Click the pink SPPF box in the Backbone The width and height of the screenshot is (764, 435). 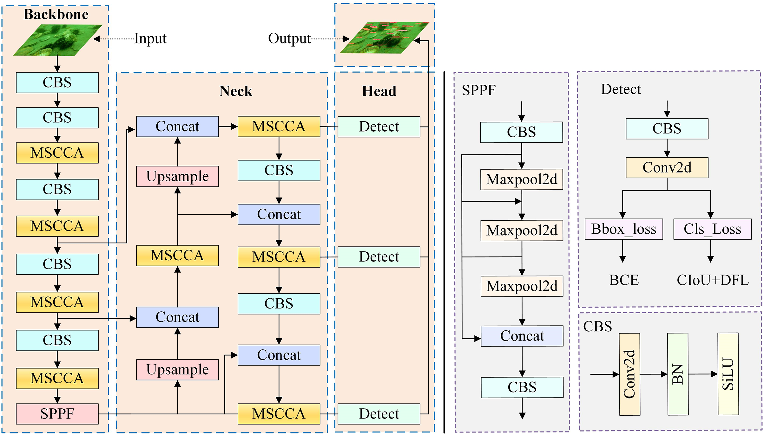[x=57, y=414]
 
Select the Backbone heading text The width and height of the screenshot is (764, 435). [x=56, y=15]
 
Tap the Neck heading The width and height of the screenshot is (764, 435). [x=236, y=91]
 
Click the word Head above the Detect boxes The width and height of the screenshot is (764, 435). [x=379, y=91]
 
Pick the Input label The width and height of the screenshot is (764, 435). [x=150, y=39]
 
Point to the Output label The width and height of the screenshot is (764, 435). [x=289, y=39]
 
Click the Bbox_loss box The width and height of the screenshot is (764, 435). [x=623, y=229]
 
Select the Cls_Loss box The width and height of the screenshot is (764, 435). [x=712, y=229]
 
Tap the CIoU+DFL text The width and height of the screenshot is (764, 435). [x=713, y=280]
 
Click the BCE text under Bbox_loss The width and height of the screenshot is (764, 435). [x=624, y=280]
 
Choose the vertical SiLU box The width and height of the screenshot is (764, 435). [x=728, y=374]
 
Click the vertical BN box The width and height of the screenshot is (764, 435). [x=678, y=374]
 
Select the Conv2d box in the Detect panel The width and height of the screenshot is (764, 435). [x=667, y=168]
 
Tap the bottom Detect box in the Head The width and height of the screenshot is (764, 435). [x=379, y=414]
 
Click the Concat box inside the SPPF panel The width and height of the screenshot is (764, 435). [x=522, y=336]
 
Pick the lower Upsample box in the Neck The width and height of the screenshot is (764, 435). [x=177, y=370]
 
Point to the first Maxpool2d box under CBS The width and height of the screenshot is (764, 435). [x=522, y=179]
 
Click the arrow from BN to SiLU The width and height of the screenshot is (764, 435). [x=702, y=374]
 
